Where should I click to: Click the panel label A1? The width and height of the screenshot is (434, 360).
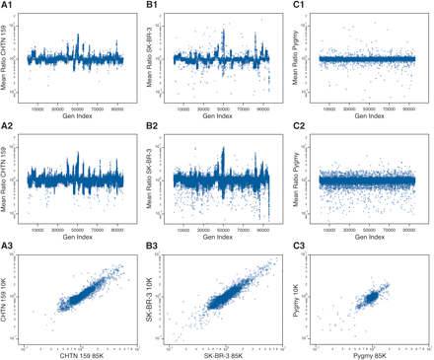(7, 6)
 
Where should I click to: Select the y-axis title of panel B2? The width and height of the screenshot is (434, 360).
(151, 180)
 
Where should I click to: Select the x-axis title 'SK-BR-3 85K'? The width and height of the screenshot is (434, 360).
(221, 353)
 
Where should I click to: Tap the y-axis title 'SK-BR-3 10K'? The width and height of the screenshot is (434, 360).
(151, 298)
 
